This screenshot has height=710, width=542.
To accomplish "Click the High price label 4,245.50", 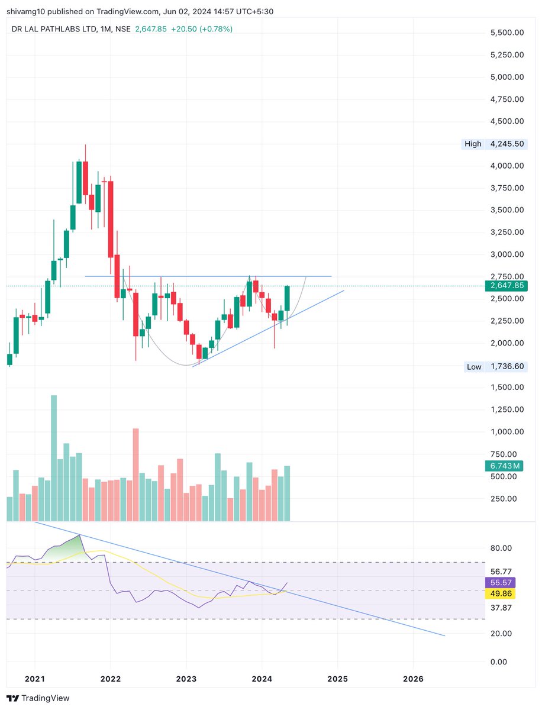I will tap(506, 144).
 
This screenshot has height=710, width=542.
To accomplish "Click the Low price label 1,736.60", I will tap(506, 367).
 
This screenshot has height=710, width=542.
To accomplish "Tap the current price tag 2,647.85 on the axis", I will tap(506, 286).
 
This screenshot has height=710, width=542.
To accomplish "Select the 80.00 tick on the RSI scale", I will tap(502, 548).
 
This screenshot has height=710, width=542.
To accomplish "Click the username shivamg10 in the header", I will tap(25, 11).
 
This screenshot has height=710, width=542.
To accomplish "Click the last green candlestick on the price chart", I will tap(287, 298).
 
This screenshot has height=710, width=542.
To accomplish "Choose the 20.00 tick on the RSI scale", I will tap(502, 633).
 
